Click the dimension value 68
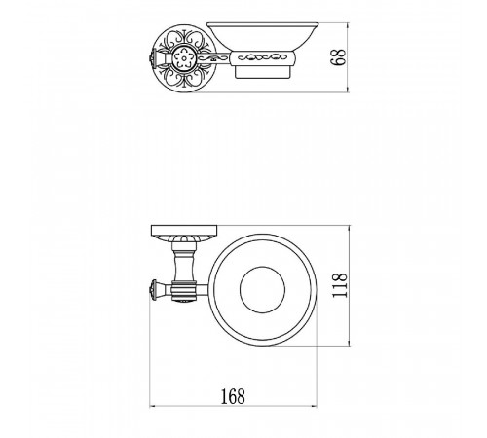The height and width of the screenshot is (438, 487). (x=338, y=57)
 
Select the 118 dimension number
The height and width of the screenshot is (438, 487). (x=340, y=285)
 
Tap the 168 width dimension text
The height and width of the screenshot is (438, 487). (x=233, y=396)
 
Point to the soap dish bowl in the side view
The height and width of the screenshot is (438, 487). (x=263, y=36)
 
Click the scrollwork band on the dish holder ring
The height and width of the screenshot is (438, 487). (x=263, y=58)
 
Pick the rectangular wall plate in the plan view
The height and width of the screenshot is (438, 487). (x=184, y=230)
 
